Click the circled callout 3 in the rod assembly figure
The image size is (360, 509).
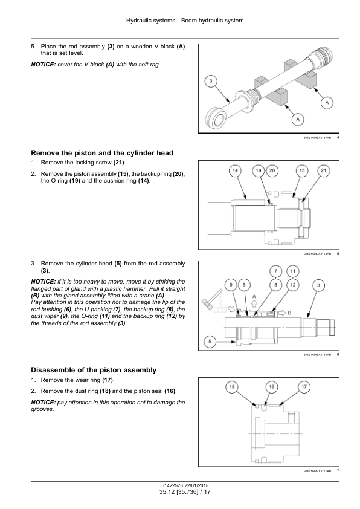[x=211, y=81]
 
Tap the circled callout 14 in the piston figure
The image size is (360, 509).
[x=235, y=170]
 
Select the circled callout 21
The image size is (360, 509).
[x=324, y=170]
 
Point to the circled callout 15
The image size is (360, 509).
[x=302, y=170]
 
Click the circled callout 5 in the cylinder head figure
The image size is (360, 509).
[x=210, y=342]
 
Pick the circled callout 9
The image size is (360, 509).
[x=231, y=285]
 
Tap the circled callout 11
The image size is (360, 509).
[x=293, y=271]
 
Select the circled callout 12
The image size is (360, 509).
[x=293, y=285]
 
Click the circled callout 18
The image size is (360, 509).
[x=232, y=387]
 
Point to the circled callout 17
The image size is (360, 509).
[x=304, y=387]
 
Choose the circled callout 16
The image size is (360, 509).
[x=272, y=387]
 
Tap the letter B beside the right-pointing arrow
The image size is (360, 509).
[x=289, y=313]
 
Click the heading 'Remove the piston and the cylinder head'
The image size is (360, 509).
[x=102, y=153]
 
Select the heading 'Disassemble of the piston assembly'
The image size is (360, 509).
[x=94, y=370]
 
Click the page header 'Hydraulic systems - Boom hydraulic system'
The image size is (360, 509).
[x=185, y=21]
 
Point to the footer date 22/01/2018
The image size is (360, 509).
[x=196, y=486]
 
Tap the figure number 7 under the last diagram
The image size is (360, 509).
[x=338, y=471]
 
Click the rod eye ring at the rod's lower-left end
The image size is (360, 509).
[x=216, y=117]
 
